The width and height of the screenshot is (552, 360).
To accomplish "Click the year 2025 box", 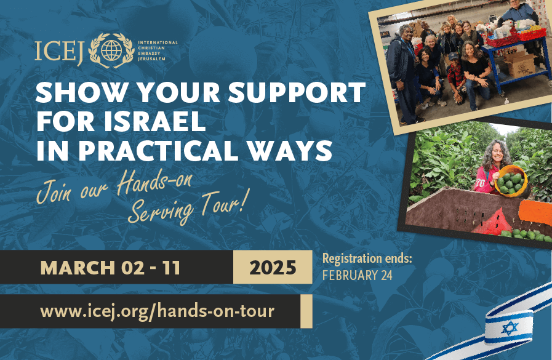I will [x=273, y=268].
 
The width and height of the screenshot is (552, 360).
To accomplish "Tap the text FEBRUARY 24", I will [x=357, y=275].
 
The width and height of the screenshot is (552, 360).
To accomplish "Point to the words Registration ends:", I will [x=367, y=259].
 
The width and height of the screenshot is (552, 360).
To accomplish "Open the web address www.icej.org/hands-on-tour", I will [x=157, y=311].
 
